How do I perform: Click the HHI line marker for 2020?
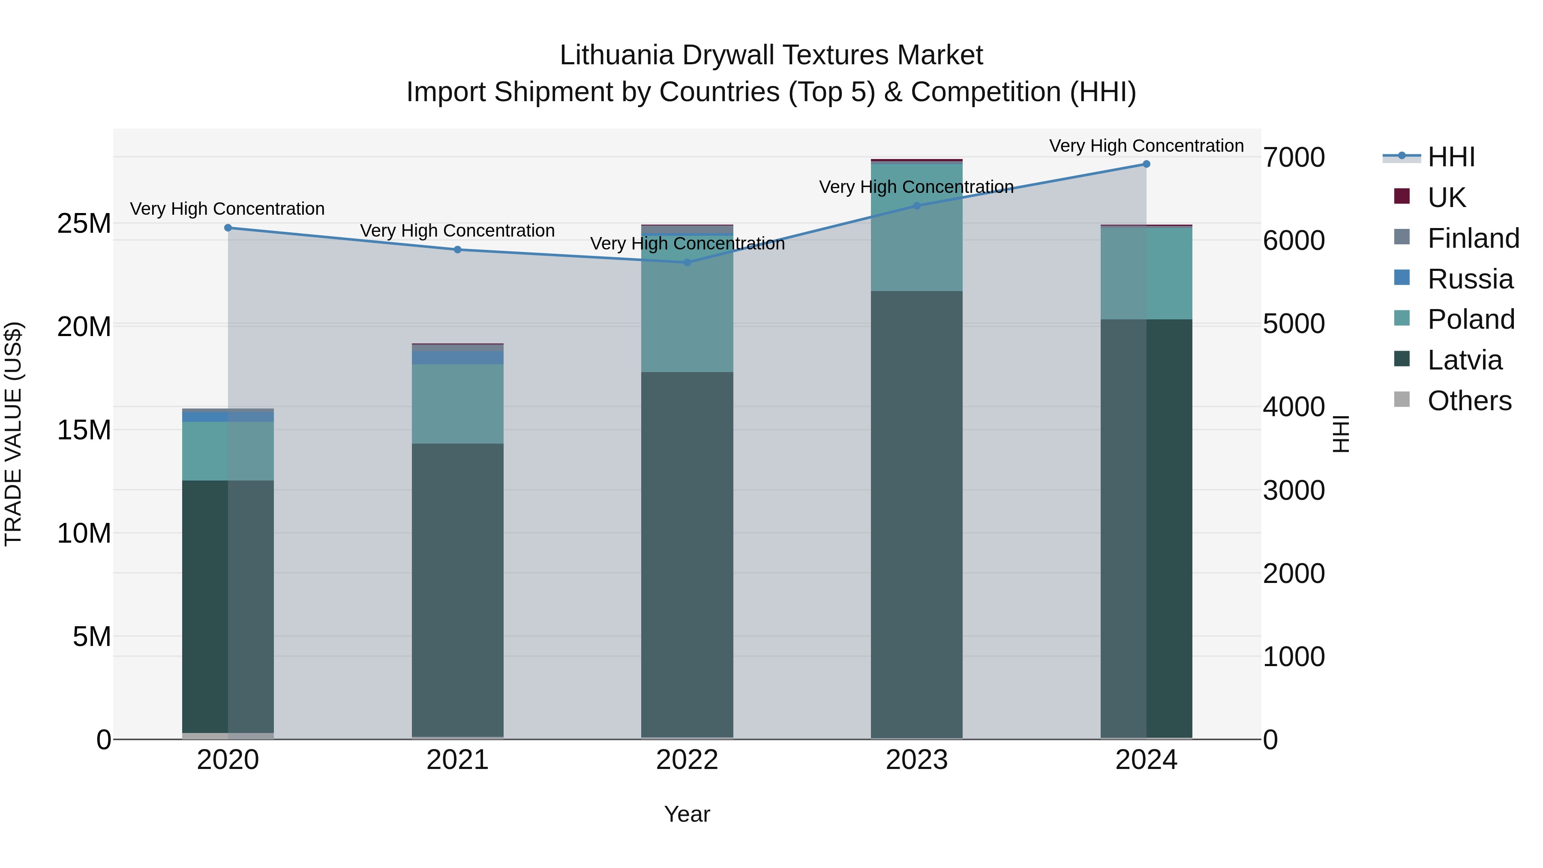pyautogui.click(x=228, y=228)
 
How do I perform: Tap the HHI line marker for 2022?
pyautogui.click(x=687, y=262)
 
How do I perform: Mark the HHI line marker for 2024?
pyautogui.click(x=1147, y=164)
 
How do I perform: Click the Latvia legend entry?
pyautogui.click(x=1464, y=360)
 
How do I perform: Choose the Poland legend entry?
pyautogui.click(x=1471, y=319)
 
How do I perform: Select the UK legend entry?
pyautogui.click(x=1446, y=197)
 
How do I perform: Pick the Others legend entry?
pyautogui.click(x=1469, y=401)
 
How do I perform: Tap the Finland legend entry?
pyautogui.click(x=1473, y=238)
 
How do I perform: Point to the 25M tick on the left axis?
pyautogui.click(x=84, y=223)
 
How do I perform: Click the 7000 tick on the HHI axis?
pyautogui.click(x=1294, y=158)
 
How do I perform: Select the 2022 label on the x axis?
pyautogui.click(x=687, y=760)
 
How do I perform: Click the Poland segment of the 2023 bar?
pyautogui.click(x=916, y=228)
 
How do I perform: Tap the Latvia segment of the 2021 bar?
pyautogui.click(x=458, y=590)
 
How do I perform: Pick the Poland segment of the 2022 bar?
pyautogui.click(x=687, y=312)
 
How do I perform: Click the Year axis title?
pyautogui.click(x=687, y=814)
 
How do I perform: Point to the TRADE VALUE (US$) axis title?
pyautogui.click(x=14, y=434)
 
